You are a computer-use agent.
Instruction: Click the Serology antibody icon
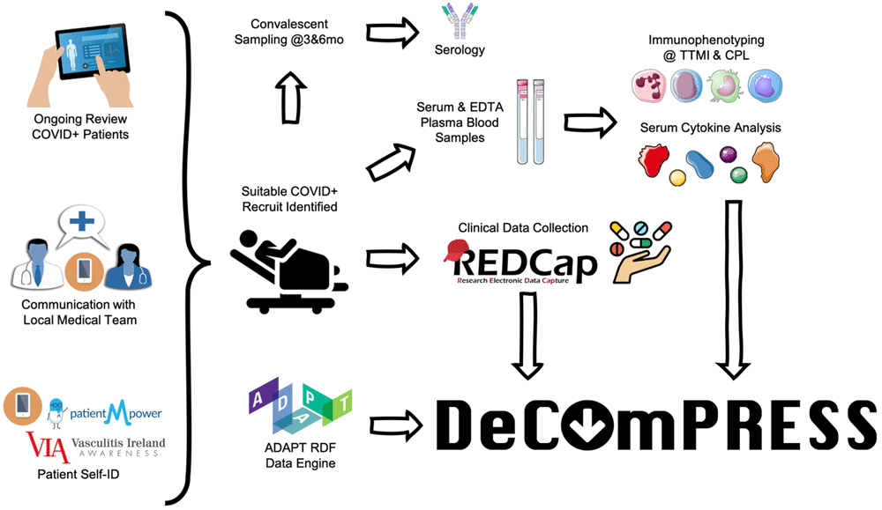(458, 22)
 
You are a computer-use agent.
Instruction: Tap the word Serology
(460, 50)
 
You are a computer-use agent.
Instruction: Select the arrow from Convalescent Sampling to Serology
(390, 32)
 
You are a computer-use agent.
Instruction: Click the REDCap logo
(518, 261)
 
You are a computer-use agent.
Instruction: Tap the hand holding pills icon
(644, 249)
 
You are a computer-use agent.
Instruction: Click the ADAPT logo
(300, 406)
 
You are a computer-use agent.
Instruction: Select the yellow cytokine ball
(678, 178)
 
